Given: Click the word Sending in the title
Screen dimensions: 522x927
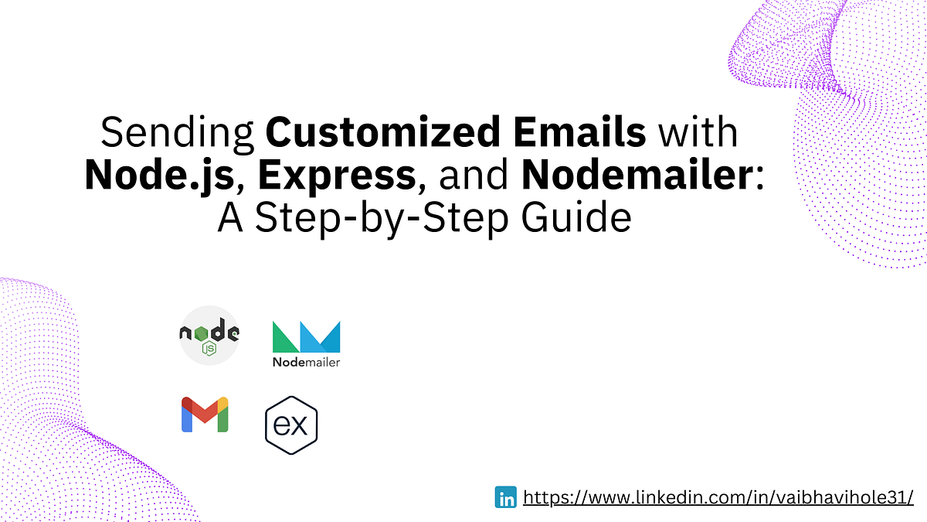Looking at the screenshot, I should coord(178,133).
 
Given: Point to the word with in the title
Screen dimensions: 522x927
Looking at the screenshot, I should coord(698,133).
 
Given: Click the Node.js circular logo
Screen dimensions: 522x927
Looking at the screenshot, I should coord(209,334).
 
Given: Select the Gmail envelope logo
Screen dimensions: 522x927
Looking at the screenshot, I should coord(205,415).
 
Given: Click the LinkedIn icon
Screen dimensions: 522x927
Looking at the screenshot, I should coord(506,497).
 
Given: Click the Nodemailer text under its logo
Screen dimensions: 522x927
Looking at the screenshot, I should coord(306,362).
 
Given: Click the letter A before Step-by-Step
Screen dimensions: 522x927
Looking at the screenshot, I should coord(230,218).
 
